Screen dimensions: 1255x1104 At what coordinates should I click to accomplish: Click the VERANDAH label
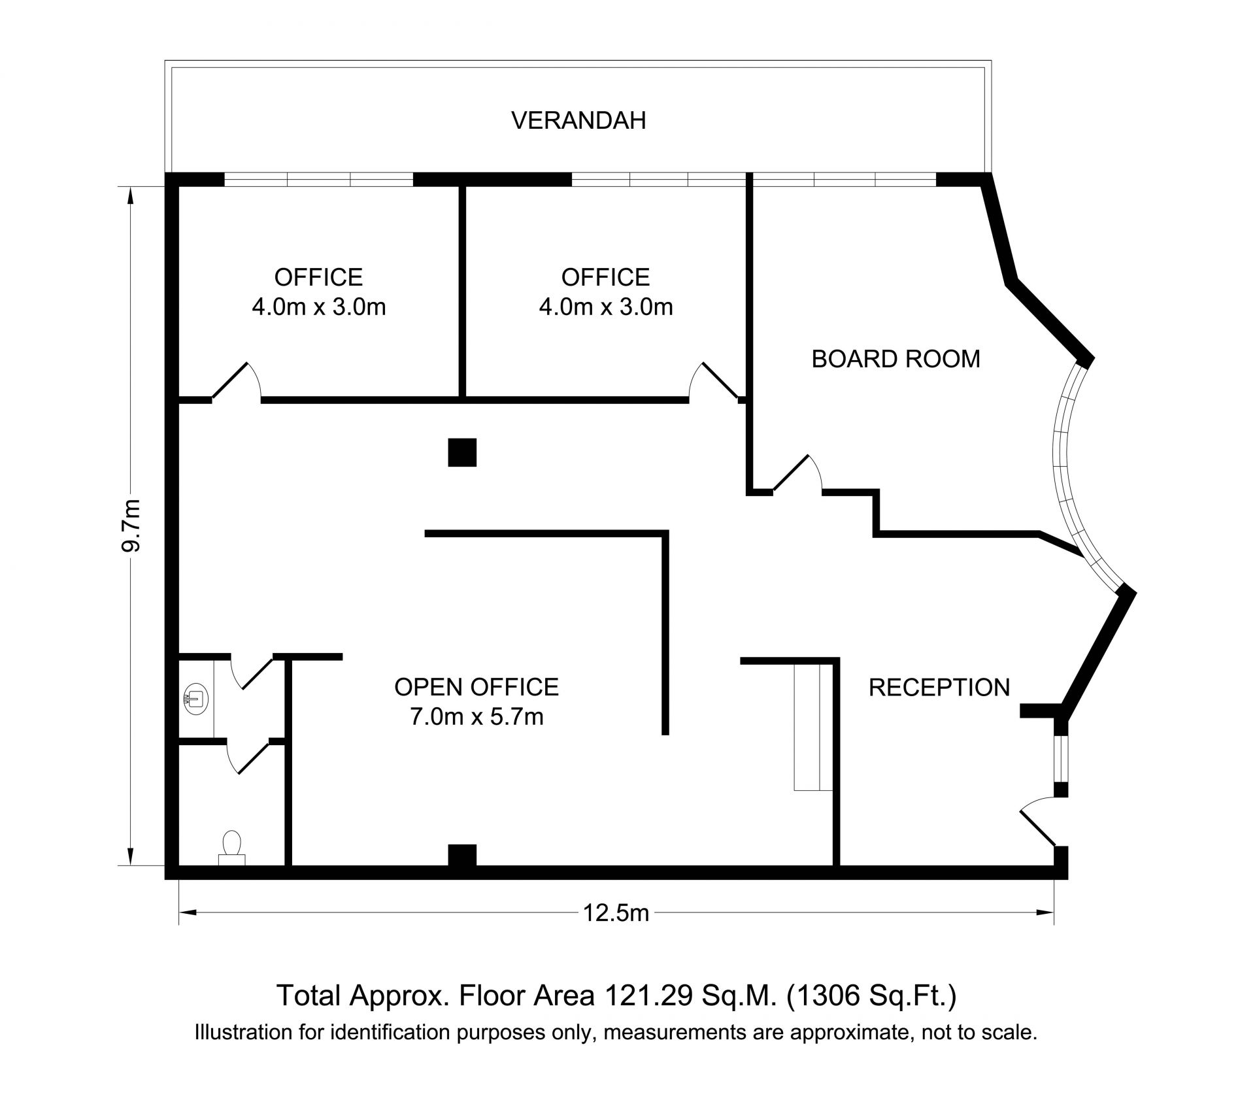click(x=578, y=121)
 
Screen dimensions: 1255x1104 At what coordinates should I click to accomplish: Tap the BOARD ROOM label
click(x=895, y=359)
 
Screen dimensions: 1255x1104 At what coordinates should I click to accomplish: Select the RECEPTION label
click(x=939, y=687)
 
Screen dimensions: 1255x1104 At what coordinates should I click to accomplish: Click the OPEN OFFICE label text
click(x=477, y=687)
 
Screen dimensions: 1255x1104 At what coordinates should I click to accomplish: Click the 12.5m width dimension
click(x=616, y=912)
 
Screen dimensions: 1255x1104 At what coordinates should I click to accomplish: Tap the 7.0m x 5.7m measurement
click(x=477, y=717)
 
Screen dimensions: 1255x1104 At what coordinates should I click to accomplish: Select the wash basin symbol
click(x=195, y=697)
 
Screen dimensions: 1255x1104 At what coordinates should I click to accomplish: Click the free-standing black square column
click(x=462, y=452)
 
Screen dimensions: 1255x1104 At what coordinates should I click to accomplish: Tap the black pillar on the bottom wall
click(x=462, y=856)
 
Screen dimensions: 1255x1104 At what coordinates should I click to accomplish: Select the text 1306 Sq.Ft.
click(x=873, y=996)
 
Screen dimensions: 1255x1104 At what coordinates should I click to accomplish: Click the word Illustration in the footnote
click(x=239, y=1033)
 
